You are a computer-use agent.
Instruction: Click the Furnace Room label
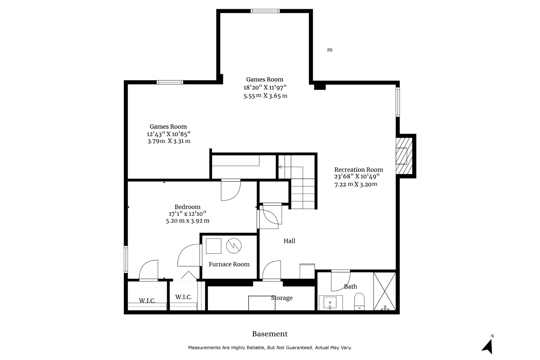(x=229, y=264)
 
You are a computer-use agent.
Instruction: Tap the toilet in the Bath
(x=359, y=301)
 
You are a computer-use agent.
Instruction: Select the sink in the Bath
(x=331, y=303)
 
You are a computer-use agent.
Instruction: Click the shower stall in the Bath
(x=385, y=291)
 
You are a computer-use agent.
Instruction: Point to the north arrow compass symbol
(x=488, y=345)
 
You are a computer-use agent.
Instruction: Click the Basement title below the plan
(x=270, y=334)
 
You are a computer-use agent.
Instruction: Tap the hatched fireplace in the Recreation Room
(x=404, y=156)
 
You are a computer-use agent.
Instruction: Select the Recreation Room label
(x=358, y=170)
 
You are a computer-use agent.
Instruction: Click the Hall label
(x=289, y=241)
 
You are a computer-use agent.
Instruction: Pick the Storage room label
(x=282, y=298)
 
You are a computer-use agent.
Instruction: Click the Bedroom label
(x=187, y=207)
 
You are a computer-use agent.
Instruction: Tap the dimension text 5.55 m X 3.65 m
(x=265, y=96)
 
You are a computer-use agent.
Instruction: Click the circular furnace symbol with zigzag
(x=234, y=246)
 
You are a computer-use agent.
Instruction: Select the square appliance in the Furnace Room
(x=214, y=246)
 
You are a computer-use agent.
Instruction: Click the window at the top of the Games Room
(x=265, y=11)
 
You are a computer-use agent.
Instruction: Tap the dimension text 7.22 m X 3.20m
(x=356, y=184)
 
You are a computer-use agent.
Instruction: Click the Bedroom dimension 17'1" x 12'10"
(x=187, y=214)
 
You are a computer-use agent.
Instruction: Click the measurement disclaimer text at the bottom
(x=270, y=348)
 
